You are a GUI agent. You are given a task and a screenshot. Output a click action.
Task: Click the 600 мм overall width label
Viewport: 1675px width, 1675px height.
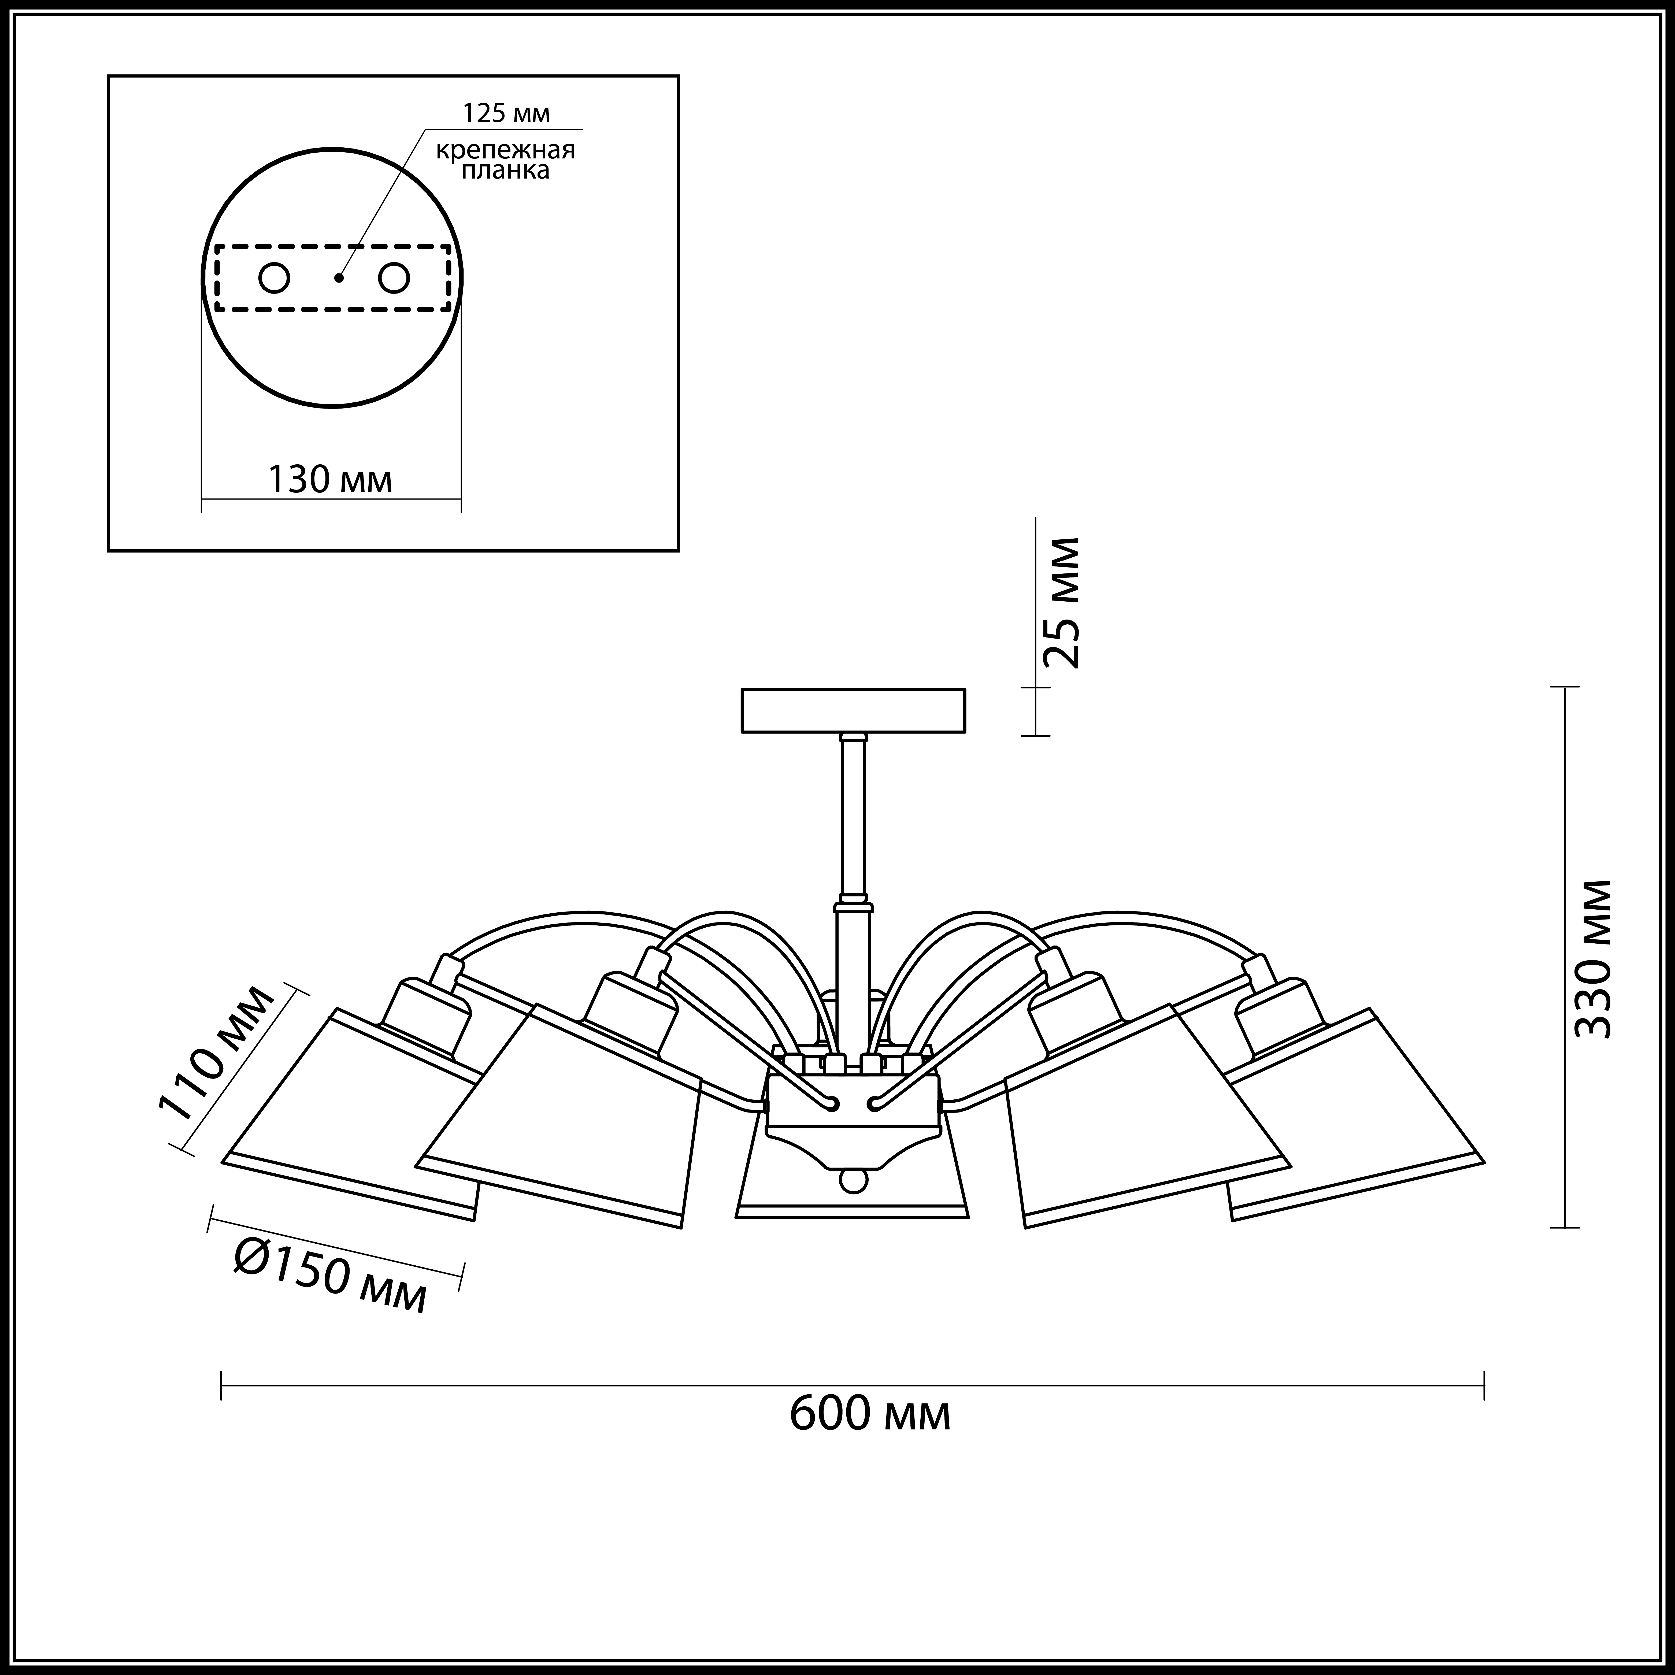point(870,1414)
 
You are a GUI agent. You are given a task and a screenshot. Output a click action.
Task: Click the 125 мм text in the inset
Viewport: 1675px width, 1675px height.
point(505,114)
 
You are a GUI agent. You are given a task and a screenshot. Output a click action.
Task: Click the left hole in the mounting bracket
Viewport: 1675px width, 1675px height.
point(274,278)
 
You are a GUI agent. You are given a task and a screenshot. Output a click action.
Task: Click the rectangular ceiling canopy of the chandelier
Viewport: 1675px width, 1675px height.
point(853,710)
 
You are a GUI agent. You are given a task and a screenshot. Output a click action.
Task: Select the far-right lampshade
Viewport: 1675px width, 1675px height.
point(1352,1118)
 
